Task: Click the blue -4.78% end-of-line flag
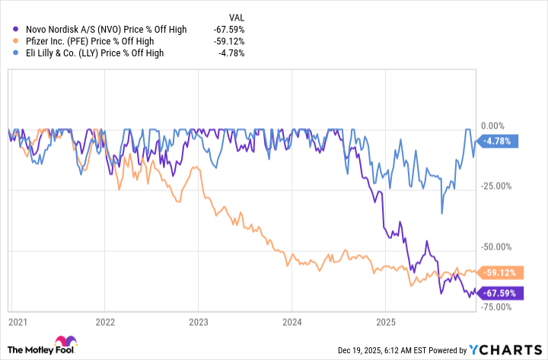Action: point(499,140)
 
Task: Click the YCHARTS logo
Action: point(506,349)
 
